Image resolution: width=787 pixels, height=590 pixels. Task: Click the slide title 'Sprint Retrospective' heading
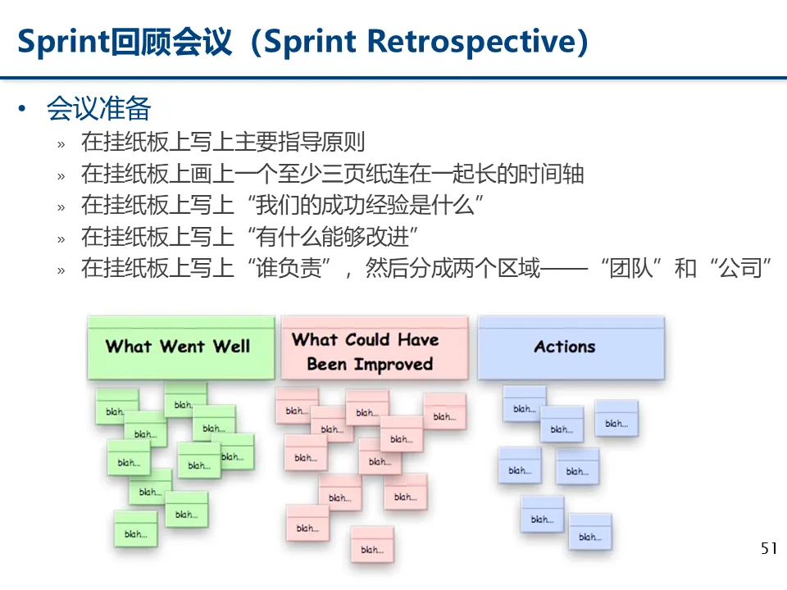point(303,41)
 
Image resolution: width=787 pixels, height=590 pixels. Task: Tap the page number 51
point(768,548)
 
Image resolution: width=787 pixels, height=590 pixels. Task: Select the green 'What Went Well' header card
point(180,347)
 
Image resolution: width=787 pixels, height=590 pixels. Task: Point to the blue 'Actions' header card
point(571,347)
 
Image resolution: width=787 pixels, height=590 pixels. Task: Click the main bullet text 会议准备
point(98,108)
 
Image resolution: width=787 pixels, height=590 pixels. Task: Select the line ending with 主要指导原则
point(222,142)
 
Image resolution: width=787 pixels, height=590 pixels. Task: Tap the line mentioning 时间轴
point(332,174)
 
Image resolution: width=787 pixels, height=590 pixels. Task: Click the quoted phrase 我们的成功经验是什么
point(366,205)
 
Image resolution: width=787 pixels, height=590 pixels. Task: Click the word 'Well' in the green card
point(231,347)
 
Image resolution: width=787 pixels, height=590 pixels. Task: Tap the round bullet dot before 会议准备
point(24,109)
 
